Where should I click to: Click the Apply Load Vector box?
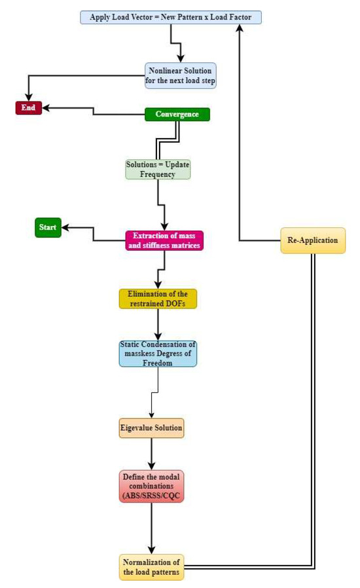[x=170, y=17]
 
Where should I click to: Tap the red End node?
[x=28, y=108]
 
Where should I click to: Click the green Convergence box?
[x=177, y=115]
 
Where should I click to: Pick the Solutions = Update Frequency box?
[x=158, y=169]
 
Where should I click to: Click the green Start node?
[x=48, y=228]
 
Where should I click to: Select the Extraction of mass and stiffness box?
[x=164, y=240]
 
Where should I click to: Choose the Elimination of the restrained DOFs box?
[x=158, y=299]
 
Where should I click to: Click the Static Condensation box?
[x=158, y=354]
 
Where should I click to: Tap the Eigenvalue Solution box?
[x=151, y=428]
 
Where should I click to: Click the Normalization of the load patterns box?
[x=151, y=566]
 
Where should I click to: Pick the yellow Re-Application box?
[x=312, y=240]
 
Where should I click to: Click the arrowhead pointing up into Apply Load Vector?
[x=239, y=29]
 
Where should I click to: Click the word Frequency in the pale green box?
[x=158, y=174]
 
